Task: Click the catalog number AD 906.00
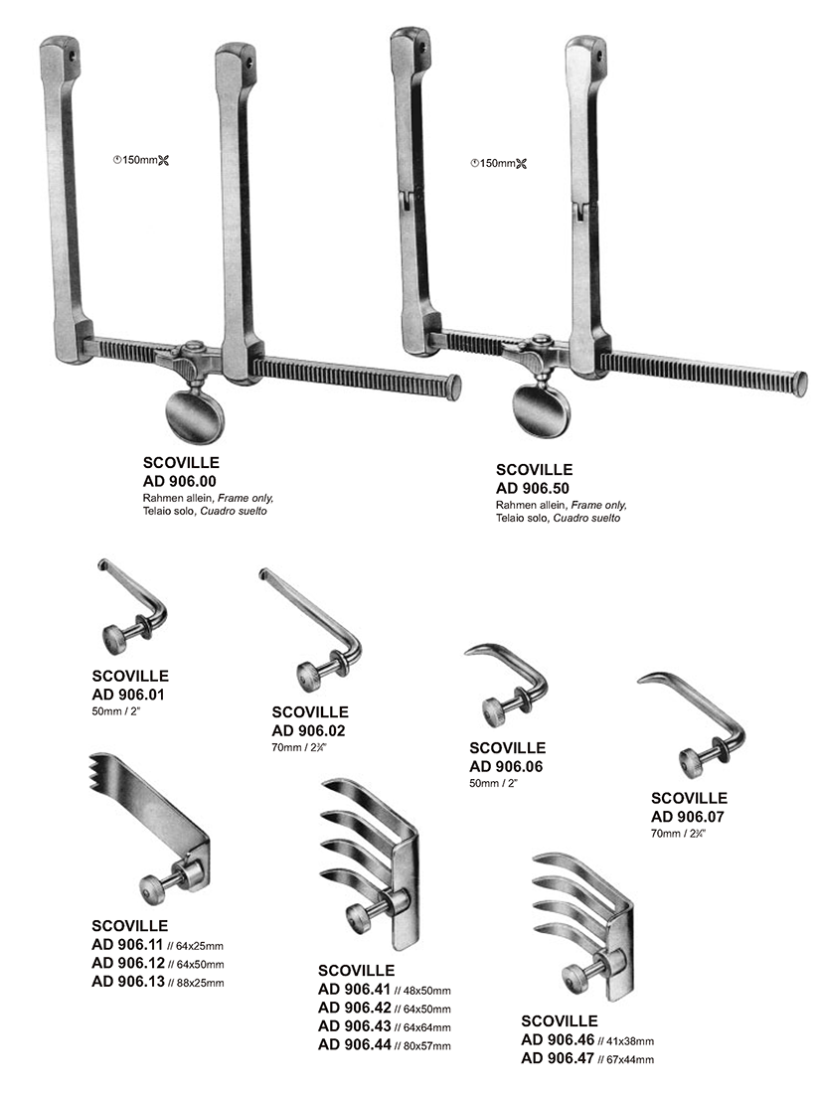click(180, 481)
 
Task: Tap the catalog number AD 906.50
click(533, 489)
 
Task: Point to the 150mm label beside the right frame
click(499, 163)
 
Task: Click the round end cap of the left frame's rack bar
click(454, 383)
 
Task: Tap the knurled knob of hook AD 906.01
click(115, 639)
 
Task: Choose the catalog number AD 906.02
click(308, 731)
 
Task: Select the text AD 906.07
click(688, 817)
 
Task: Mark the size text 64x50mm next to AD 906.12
click(201, 965)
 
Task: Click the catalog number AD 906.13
click(128, 982)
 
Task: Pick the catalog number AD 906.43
click(355, 1025)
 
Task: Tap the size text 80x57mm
click(426, 1046)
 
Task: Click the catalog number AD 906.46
click(558, 1039)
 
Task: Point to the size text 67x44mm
click(630, 1060)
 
